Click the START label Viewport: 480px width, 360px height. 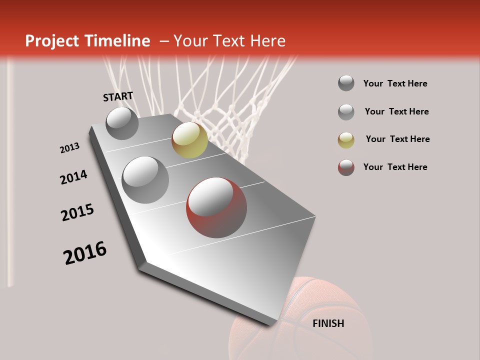118,96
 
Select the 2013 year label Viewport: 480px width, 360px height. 69,148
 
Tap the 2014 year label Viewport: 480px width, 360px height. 73,177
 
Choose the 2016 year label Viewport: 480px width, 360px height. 85,253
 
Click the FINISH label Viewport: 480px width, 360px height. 328,323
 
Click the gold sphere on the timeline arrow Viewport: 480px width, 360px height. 189,140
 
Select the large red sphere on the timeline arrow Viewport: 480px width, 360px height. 216,207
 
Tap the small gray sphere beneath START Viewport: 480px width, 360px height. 122,123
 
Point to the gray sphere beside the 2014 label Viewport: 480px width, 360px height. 145,180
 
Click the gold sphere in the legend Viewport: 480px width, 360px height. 346,140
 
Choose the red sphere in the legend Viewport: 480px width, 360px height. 346,167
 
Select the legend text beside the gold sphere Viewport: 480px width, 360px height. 397,139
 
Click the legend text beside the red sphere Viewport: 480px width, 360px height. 395,167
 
